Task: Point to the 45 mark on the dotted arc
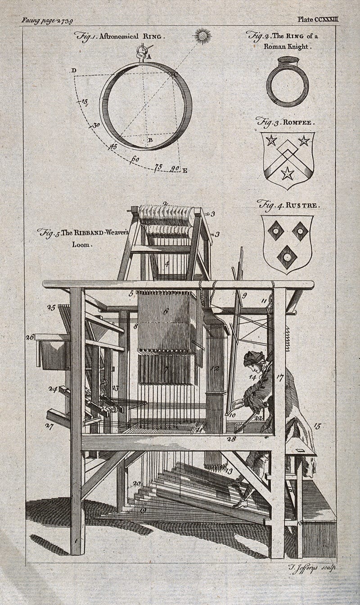pyautogui.click(x=113, y=146)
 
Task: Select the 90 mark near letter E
pyautogui.click(x=175, y=169)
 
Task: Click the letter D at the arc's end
pyautogui.click(x=73, y=71)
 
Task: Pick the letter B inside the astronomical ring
pyautogui.click(x=150, y=140)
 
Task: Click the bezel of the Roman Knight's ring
pyautogui.click(x=288, y=61)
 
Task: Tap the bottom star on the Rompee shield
pyautogui.click(x=287, y=173)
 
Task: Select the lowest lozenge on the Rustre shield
pyautogui.click(x=287, y=257)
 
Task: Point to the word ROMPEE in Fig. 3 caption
pyautogui.click(x=299, y=122)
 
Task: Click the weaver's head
pyautogui.click(x=253, y=359)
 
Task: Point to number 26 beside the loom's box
pyautogui.click(x=30, y=336)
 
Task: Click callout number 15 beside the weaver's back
pyautogui.click(x=317, y=426)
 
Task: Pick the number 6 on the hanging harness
pyautogui.click(x=166, y=311)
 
